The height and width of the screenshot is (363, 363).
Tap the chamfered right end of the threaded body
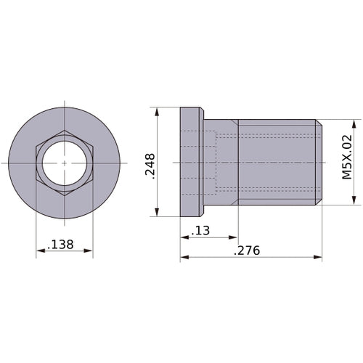pos(319,163)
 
